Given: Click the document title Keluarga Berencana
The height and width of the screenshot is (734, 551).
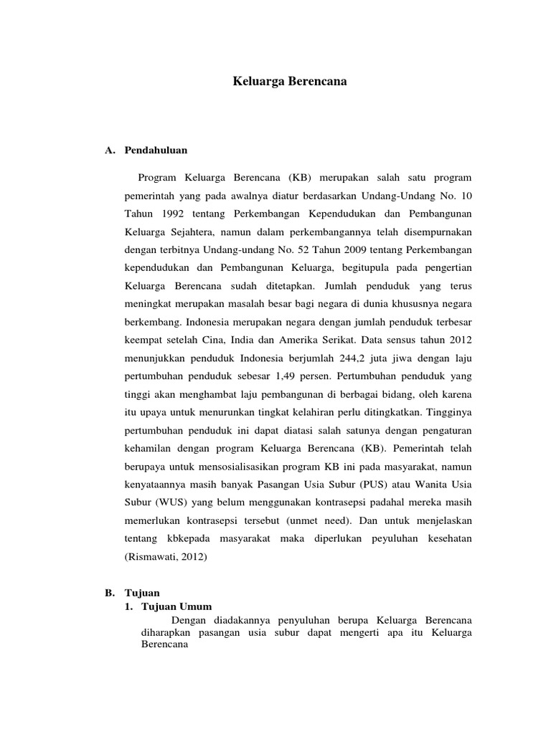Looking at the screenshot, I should coord(290,82).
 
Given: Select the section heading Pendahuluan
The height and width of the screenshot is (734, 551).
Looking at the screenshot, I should coord(156,151).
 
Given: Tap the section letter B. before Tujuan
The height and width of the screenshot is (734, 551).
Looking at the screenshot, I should coord(110,594).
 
